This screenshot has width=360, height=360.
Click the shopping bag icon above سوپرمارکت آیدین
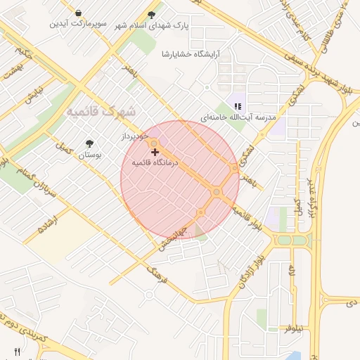78,13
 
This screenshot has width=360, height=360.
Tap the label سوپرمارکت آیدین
77,24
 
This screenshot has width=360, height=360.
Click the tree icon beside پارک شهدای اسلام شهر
152,15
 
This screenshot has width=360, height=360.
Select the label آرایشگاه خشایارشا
190,54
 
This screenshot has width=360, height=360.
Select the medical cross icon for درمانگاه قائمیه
155,152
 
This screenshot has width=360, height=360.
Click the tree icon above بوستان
89,143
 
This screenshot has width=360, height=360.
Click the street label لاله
291,272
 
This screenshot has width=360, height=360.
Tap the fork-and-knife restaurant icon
17,352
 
